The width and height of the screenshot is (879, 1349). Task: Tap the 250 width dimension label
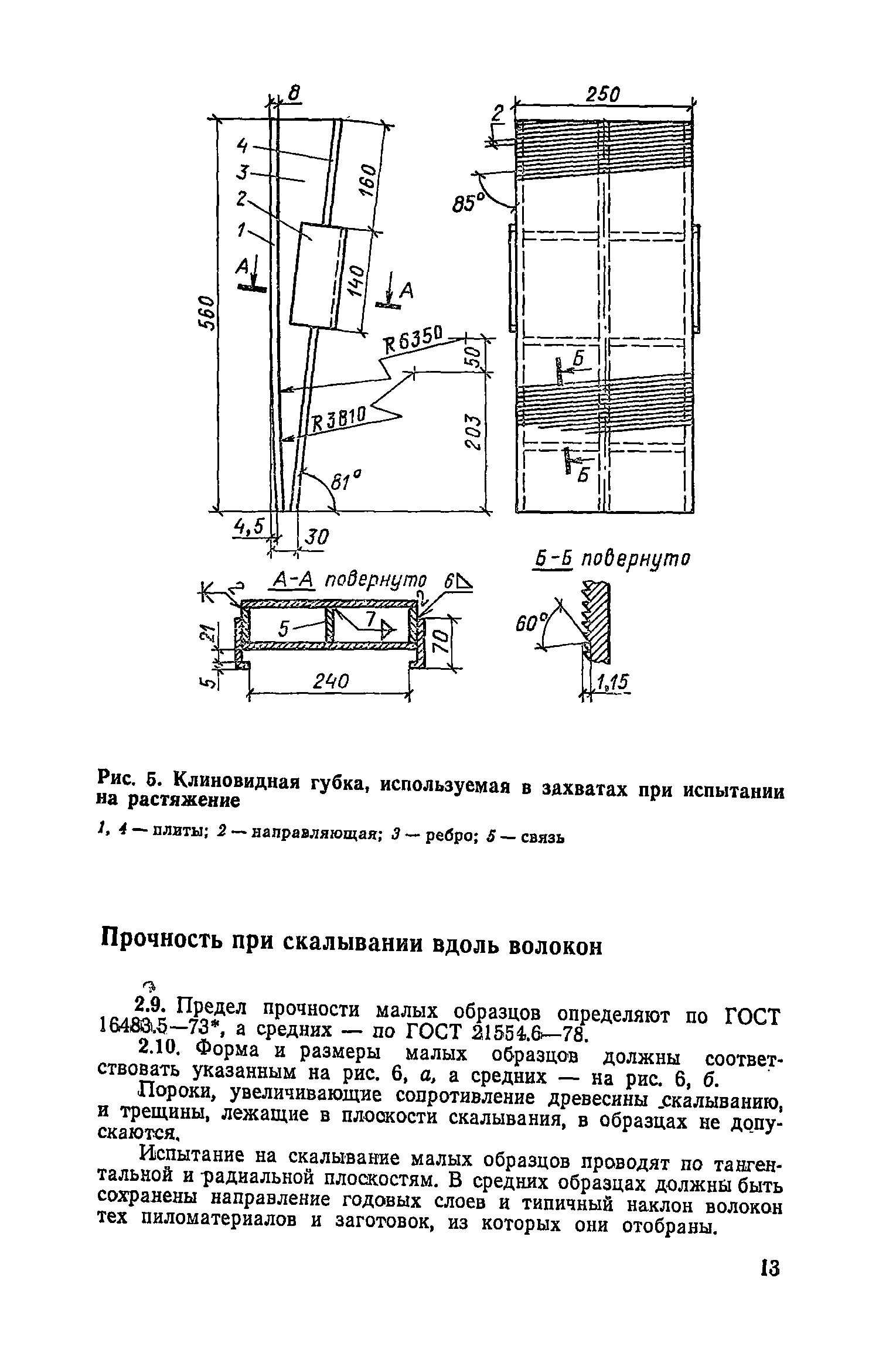point(603,95)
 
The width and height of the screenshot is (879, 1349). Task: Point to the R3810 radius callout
point(339,418)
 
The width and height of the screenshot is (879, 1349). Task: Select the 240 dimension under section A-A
point(330,682)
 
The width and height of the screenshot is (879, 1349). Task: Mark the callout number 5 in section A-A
point(284,631)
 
